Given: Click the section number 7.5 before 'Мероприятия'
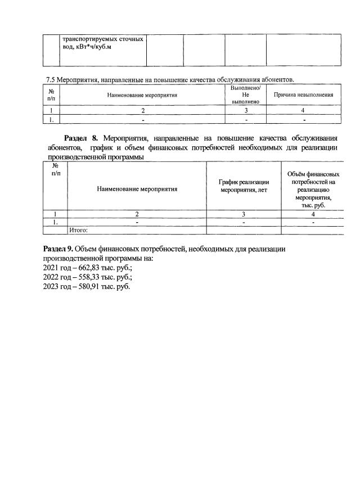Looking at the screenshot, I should point(50,79).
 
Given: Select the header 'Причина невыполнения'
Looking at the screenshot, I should point(303,95).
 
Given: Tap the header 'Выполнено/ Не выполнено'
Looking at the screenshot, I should point(245,95).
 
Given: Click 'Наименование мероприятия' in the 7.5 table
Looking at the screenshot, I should point(142,95).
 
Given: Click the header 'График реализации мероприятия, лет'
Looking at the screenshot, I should point(244,186).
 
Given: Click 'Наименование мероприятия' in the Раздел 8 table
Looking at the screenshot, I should point(137,189).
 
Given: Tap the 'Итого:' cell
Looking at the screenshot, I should point(79,230).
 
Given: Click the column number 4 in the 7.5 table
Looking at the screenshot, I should point(303,111).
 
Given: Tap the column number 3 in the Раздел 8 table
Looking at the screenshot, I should point(244,214).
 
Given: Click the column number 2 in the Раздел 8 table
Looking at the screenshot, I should point(137,214).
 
